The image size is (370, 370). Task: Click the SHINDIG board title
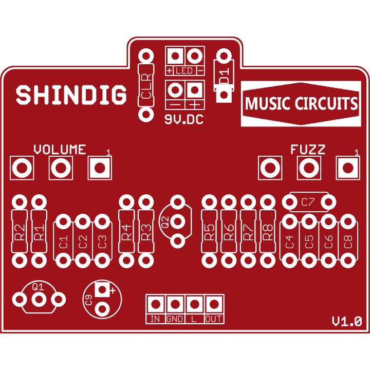(71, 95)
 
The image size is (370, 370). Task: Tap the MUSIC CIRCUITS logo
(301, 104)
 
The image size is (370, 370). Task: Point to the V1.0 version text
(347, 321)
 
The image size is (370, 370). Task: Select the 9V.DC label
(184, 120)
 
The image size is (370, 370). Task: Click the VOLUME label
(60, 150)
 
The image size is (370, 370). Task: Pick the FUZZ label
(308, 150)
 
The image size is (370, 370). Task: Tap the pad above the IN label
(156, 304)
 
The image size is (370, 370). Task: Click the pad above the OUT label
(214, 304)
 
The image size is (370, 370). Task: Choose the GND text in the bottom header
(175, 319)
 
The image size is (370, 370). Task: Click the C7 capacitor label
(308, 202)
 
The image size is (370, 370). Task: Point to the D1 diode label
(224, 76)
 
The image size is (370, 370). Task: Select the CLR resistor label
(146, 86)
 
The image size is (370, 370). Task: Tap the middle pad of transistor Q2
(177, 221)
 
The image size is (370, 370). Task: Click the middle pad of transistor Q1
(39, 300)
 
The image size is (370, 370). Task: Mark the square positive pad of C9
(102, 289)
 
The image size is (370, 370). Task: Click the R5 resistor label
(209, 232)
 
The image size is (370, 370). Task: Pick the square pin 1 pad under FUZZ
(348, 168)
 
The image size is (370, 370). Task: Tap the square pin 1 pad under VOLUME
(100, 168)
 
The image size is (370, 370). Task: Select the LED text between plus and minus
(184, 70)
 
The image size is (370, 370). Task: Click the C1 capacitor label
(64, 242)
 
